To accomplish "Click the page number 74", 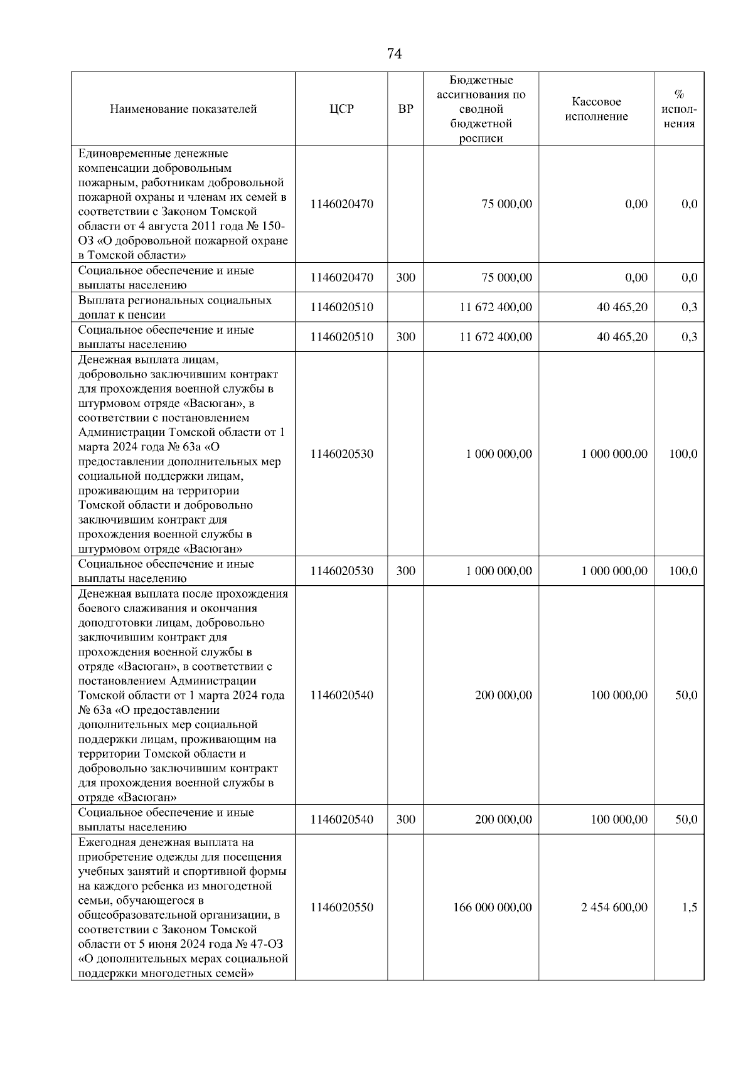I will coord(394,54).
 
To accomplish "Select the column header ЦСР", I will coord(341,109).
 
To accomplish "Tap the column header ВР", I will coord(406,109).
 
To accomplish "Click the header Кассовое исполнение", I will coord(596,109).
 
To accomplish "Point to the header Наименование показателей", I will coord(183,109).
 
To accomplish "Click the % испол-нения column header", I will coord(679,109).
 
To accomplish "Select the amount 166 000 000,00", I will coord(493,907).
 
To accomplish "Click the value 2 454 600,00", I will coord(614,907).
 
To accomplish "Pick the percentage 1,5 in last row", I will coord(690,907).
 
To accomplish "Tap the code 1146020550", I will coord(341,907).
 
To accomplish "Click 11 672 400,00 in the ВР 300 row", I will coord(496,337).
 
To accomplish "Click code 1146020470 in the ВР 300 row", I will coord(341,278).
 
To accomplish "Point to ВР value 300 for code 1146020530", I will coord(406,571).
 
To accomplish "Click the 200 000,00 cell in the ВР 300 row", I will coord(503,819).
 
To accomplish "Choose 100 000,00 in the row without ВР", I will coord(619,695).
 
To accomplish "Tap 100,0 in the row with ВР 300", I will coord(683,571).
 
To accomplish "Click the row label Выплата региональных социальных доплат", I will coord(174,307).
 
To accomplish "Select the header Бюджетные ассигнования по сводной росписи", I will coord(481,109).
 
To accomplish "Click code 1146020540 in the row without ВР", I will coord(341,695).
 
